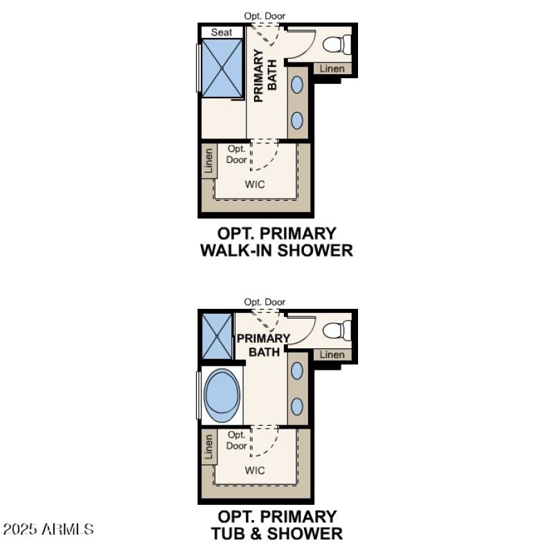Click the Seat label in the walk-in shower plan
click(x=222, y=32)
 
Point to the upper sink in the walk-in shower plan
click(x=297, y=84)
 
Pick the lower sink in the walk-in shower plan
click(x=297, y=120)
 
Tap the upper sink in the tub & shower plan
click(x=297, y=370)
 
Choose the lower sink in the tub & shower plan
click(x=297, y=406)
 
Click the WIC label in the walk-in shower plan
click(x=255, y=184)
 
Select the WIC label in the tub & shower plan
click(x=255, y=470)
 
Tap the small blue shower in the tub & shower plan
click(x=217, y=336)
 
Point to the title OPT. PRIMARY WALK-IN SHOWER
click(x=276, y=242)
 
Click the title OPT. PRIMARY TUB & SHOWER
click(x=276, y=525)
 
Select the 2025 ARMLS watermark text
click(x=48, y=530)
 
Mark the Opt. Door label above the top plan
click(x=265, y=16)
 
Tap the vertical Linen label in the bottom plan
click(x=209, y=449)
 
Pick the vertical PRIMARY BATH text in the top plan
click(x=265, y=75)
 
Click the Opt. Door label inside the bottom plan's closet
click(x=237, y=440)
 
